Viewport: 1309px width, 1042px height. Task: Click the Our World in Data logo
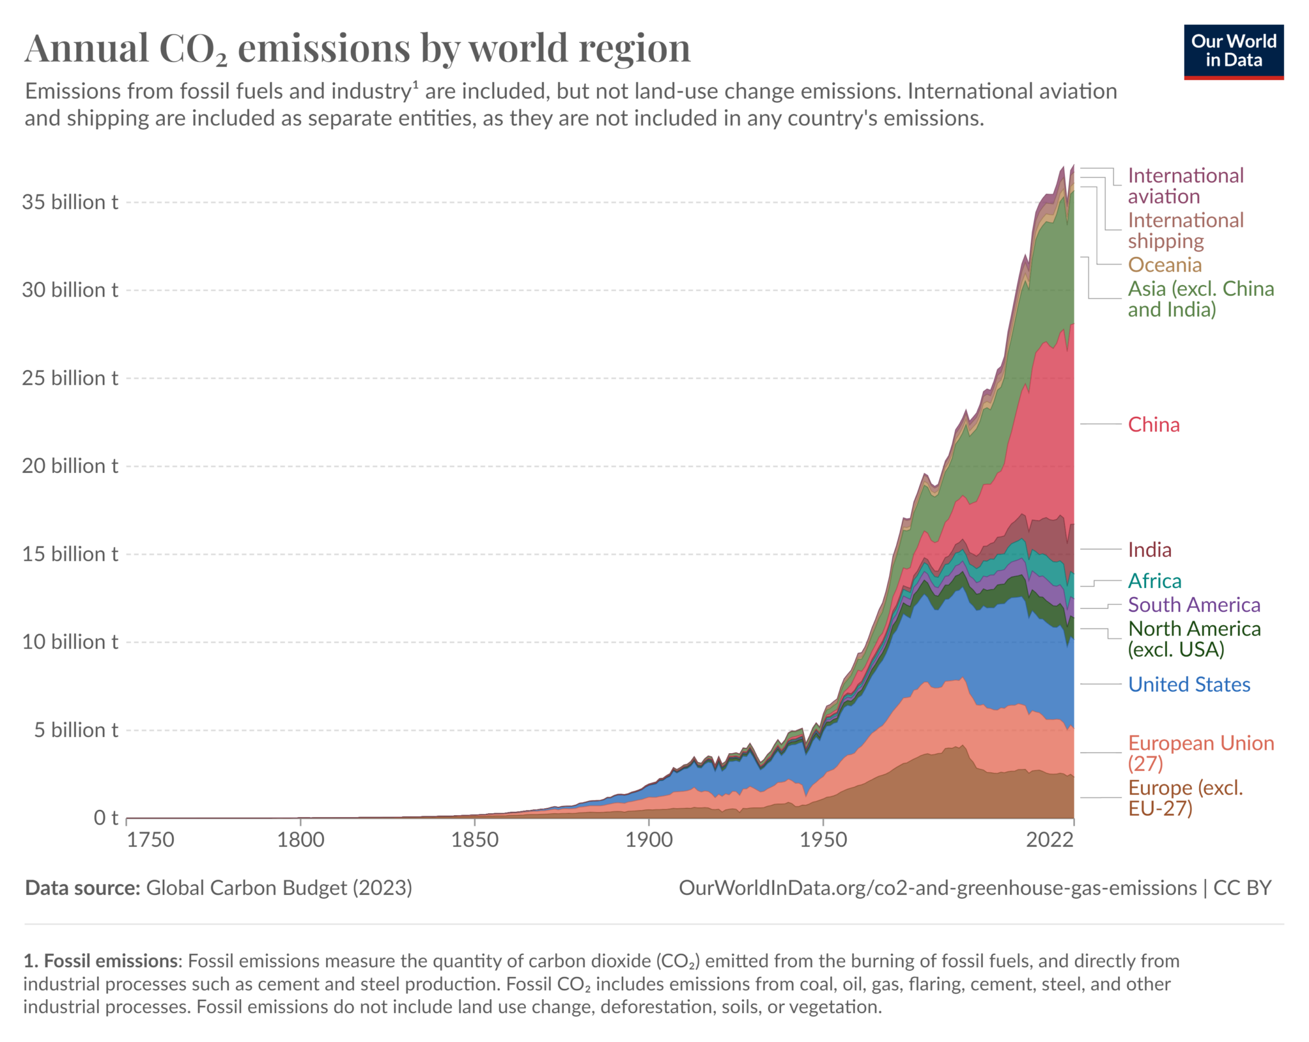(1233, 52)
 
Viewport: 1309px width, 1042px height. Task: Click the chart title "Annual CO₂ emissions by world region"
(357, 49)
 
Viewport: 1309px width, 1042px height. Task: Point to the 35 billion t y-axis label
(70, 202)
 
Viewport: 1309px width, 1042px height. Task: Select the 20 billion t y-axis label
(70, 466)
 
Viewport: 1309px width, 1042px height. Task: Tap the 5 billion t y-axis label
(76, 730)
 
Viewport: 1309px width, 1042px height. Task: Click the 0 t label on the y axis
(105, 818)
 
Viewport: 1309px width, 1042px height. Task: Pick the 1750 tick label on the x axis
(150, 839)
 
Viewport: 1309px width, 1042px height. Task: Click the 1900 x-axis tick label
(649, 839)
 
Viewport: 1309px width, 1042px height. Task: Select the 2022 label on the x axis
(1050, 839)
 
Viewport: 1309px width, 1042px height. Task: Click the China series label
(1153, 424)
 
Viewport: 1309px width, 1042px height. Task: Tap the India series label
(1149, 550)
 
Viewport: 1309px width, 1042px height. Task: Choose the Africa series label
(1154, 581)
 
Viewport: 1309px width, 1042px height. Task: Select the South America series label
(1193, 605)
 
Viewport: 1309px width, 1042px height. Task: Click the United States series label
(1188, 685)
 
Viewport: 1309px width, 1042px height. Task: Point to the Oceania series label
(1164, 265)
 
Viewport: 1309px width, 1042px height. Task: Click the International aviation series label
(1185, 185)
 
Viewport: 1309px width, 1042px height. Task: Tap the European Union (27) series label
(1200, 753)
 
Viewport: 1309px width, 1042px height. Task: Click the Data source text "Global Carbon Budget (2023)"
(279, 888)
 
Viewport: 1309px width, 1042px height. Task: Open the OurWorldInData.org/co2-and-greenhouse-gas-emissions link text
(937, 888)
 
